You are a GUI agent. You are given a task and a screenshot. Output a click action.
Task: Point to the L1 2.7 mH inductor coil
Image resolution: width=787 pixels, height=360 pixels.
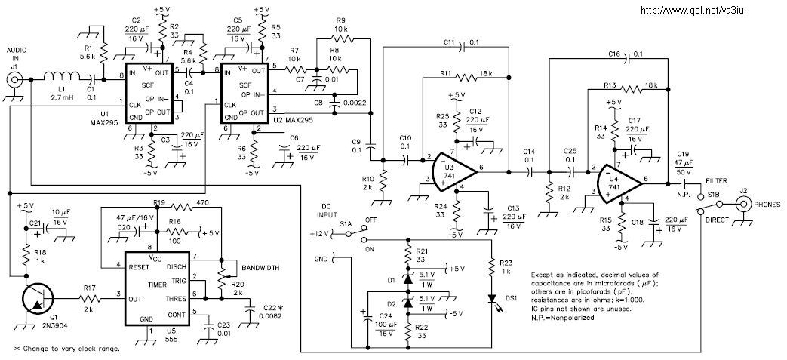[x=61, y=77]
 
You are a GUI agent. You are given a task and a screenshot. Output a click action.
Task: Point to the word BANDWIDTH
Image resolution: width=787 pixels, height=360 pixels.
[x=257, y=268]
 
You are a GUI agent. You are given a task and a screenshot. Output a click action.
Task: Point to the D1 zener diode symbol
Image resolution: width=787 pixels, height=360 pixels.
[x=407, y=278]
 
